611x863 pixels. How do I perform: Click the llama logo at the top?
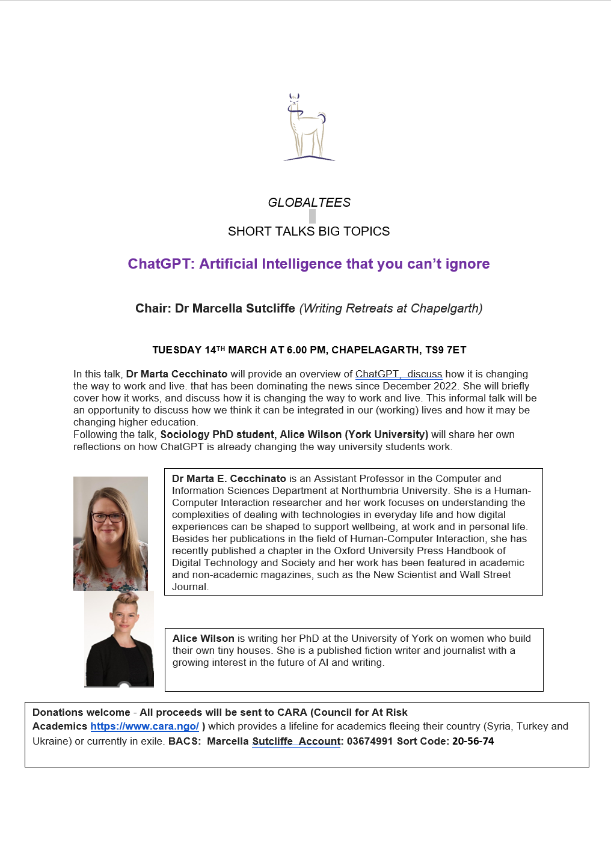309,127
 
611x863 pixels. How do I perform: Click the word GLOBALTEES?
309,203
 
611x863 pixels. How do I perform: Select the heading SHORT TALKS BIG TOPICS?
309,231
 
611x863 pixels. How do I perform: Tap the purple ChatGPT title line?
309,264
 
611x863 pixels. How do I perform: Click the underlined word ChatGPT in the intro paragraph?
377,374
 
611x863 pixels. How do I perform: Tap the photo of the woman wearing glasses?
111,533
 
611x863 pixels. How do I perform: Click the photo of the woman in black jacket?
119,639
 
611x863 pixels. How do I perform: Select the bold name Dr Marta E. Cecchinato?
229,478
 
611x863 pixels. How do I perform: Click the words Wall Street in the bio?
485,575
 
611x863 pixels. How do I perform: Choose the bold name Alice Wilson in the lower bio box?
203,638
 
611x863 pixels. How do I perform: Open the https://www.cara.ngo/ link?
144,726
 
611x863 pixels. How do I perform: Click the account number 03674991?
369,741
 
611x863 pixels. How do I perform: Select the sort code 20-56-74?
473,741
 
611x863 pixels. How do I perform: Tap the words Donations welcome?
81,712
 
